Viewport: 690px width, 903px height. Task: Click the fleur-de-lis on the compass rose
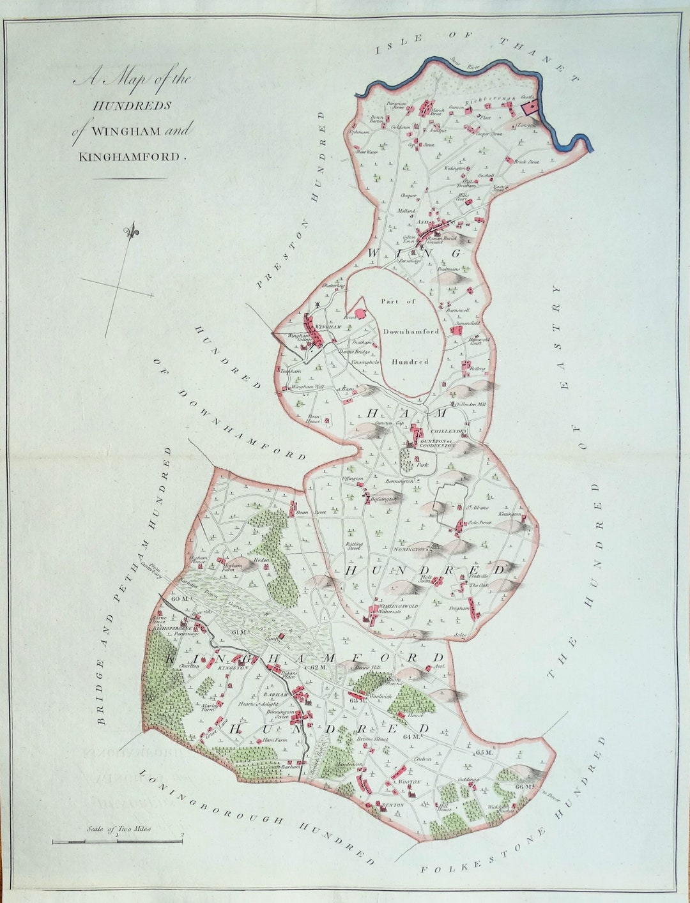pyautogui.click(x=133, y=232)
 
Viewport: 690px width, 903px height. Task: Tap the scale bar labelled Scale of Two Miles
pyautogui.click(x=118, y=842)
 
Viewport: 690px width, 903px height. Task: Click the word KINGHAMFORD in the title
pyautogui.click(x=130, y=156)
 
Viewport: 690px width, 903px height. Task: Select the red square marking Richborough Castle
pyautogui.click(x=530, y=107)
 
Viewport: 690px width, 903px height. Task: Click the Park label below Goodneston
pyautogui.click(x=422, y=466)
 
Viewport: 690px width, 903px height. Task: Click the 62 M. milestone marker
pyautogui.click(x=318, y=667)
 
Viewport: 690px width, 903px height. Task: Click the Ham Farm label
pyautogui.click(x=271, y=741)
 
